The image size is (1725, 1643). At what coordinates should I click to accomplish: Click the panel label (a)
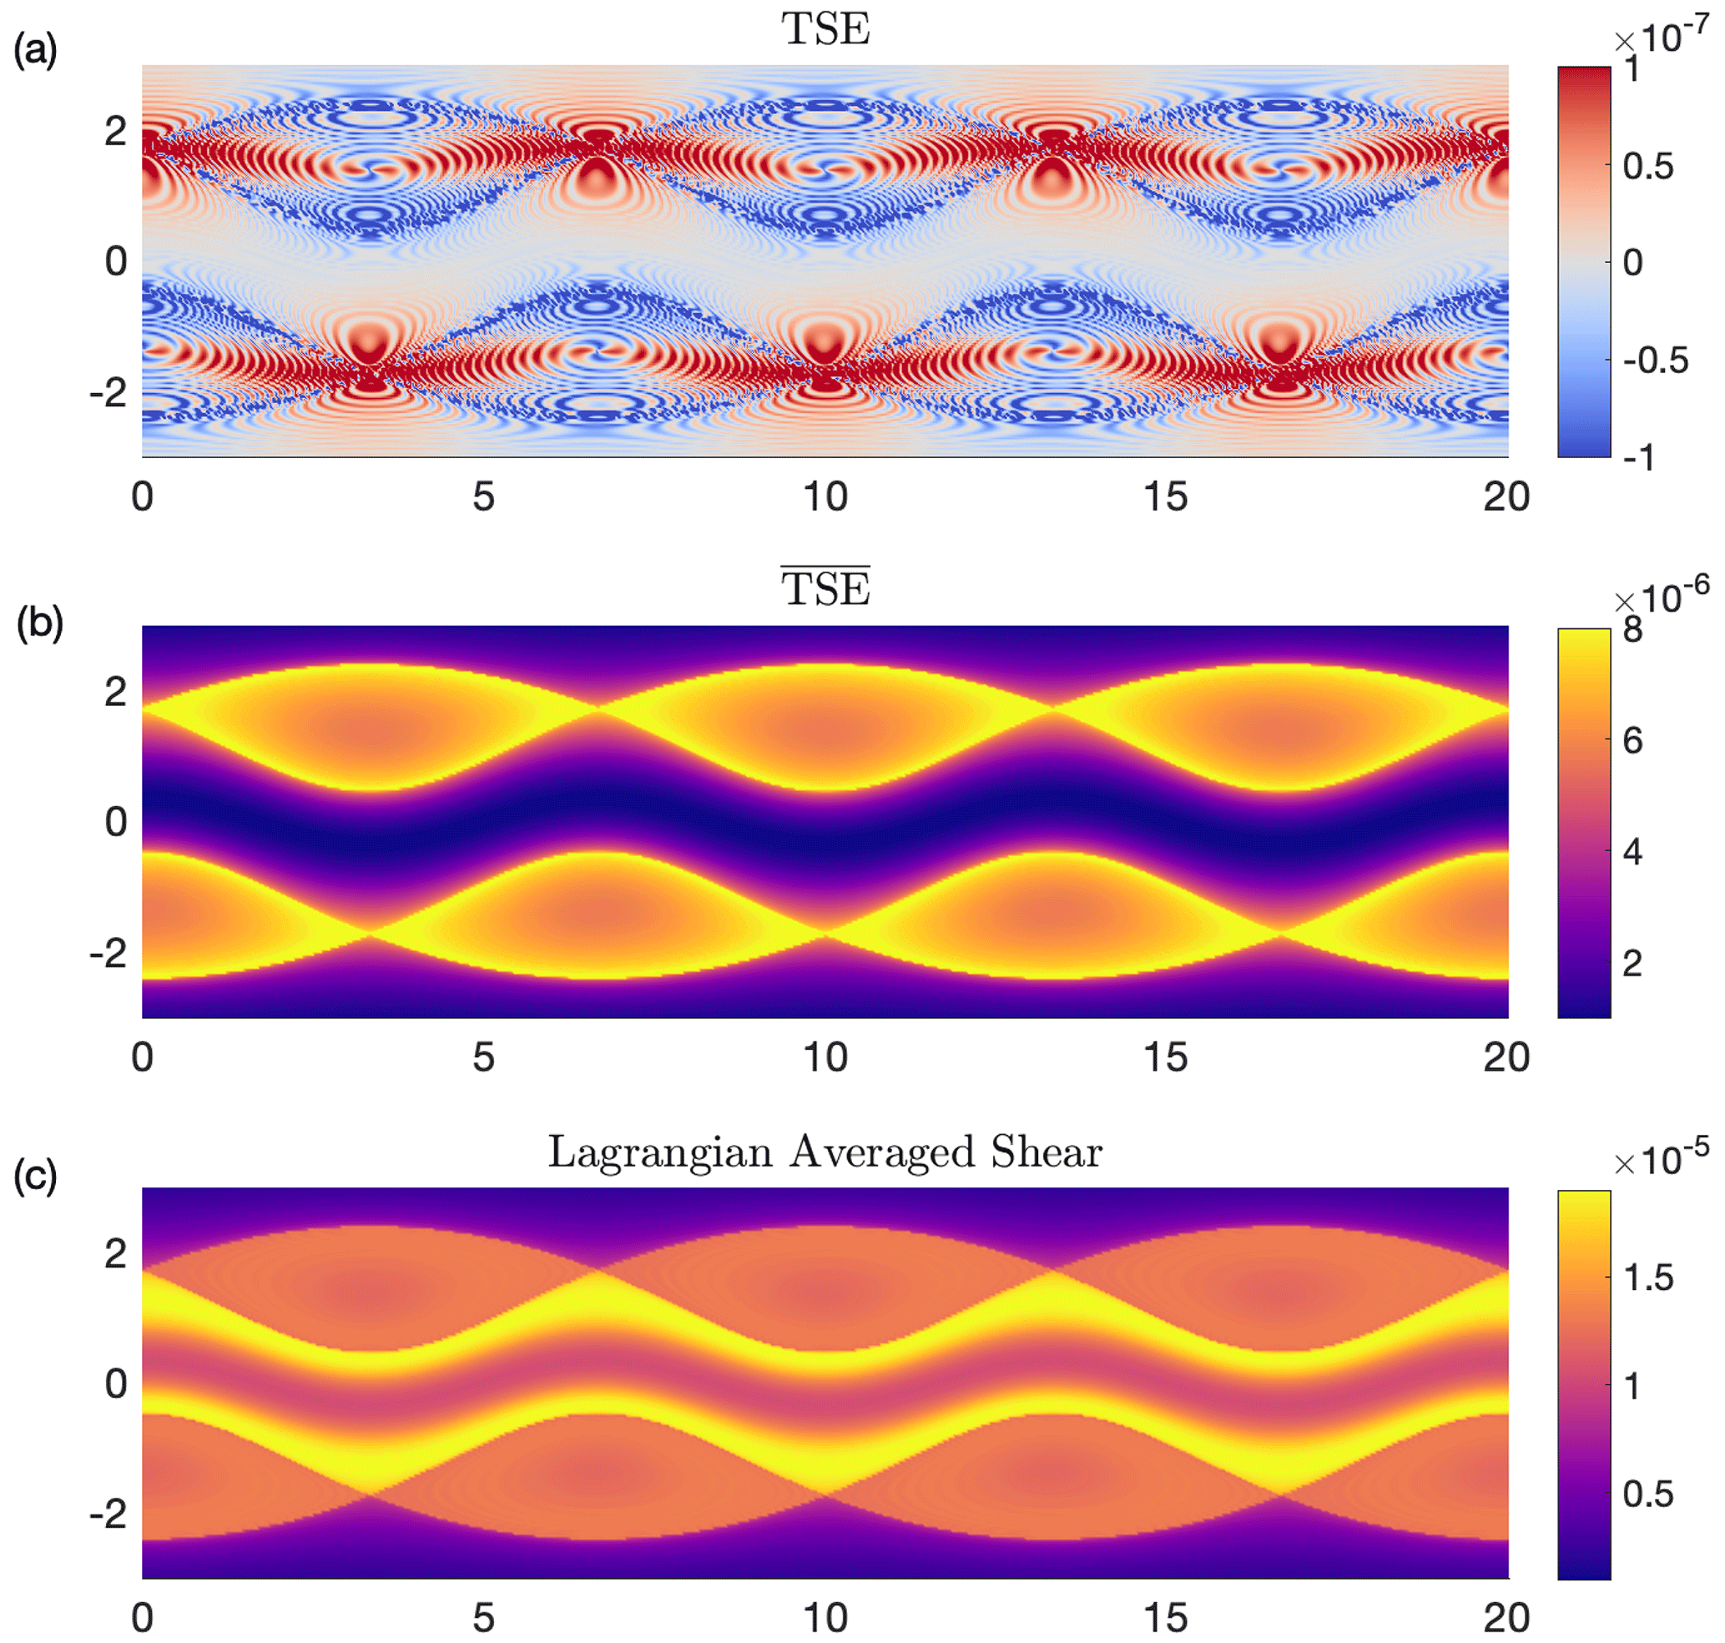coord(35,51)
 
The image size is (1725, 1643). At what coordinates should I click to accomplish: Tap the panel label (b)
coord(39,622)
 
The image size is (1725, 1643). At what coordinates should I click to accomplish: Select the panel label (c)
coord(35,1176)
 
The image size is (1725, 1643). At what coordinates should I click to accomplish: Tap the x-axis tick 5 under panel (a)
coord(483,496)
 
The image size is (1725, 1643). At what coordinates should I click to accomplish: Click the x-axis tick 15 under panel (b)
coord(1165,1057)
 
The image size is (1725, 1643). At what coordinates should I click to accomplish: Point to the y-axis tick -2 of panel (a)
coord(108,391)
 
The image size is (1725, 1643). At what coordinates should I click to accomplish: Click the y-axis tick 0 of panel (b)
coord(116,821)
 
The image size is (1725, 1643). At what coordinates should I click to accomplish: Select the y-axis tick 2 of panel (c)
coord(116,1253)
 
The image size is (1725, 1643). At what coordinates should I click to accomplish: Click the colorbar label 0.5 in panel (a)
coord(1647,165)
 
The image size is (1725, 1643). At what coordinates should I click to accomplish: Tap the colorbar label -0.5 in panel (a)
coord(1655,360)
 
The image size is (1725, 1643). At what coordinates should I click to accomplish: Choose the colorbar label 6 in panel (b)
coord(1632,741)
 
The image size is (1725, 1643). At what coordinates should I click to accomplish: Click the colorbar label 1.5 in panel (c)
coord(1648,1278)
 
